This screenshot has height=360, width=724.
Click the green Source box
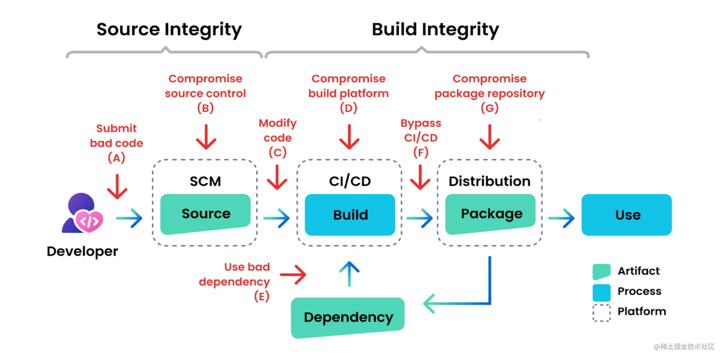[x=205, y=214]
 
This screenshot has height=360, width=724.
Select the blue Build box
[x=350, y=215]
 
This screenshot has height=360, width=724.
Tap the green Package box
[x=491, y=214]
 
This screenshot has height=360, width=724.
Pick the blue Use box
[x=626, y=215]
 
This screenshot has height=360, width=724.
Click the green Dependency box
[x=347, y=317]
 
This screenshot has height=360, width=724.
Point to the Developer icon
[x=82, y=214]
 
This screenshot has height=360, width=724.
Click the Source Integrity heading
[x=169, y=29]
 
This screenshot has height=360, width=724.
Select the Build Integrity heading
[x=435, y=29]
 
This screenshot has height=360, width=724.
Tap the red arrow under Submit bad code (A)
[x=117, y=187]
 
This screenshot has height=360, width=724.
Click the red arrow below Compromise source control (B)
[x=206, y=137]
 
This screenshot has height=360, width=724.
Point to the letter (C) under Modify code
[x=278, y=152]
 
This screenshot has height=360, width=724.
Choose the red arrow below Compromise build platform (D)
[x=349, y=137]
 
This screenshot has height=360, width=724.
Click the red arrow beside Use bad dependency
[x=293, y=275]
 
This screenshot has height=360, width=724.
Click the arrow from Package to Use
[x=561, y=218]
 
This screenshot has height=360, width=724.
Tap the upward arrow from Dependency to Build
[x=349, y=274]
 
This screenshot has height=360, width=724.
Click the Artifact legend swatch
[x=601, y=272]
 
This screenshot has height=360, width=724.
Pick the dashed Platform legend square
[x=601, y=312]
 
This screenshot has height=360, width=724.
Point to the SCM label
[x=205, y=181]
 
